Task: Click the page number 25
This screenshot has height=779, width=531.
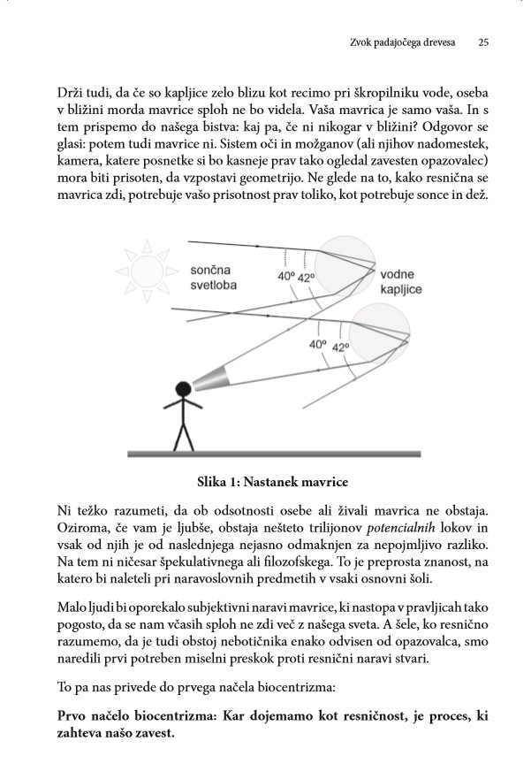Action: click(483, 41)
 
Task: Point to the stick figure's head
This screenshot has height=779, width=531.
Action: click(183, 388)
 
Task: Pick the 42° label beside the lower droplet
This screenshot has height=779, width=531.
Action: click(340, 347)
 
